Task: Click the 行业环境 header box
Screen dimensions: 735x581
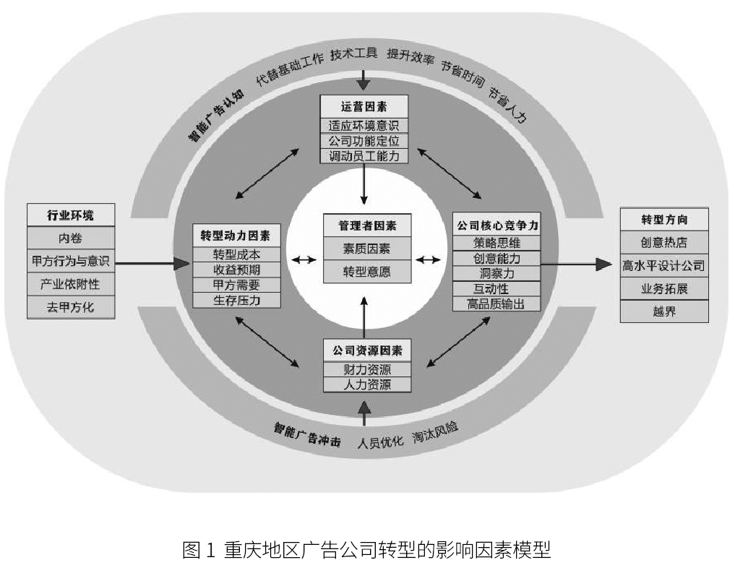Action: click(x=71, y=215)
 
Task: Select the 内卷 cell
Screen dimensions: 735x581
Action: click(x=71, y=238)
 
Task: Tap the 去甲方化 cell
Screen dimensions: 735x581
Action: click(x=71, y=307)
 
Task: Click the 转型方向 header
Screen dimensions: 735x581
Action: click(x=664, y=219)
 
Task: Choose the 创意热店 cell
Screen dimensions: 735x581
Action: click(x=664, y=242)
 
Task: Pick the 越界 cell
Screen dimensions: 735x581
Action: click(x=664, y=311)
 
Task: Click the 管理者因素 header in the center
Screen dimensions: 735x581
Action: click(x=367, y=225)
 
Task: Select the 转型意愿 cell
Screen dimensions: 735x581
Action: click(x=367, y=272)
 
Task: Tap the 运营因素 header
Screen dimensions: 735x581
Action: click(x=364, y=107)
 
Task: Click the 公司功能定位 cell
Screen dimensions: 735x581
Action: click(x=364, y=141)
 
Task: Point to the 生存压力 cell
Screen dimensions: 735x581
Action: click(x=237, y=301)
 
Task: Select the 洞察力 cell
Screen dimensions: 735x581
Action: click(x=497, y=273)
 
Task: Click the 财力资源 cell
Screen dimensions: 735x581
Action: click(x=367, y=370)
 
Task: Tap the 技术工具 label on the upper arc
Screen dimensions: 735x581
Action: click(x=353, y=54)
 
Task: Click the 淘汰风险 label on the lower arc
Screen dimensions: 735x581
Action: click(x=435, y=432)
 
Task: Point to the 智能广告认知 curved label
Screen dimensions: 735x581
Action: click(x=216, y=116)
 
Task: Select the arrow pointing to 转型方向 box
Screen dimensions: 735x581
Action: click(x=576, y=264)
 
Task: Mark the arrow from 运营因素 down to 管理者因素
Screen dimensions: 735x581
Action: click(x=364, y=184)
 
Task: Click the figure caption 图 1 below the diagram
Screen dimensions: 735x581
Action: click(x=366, y=550)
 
